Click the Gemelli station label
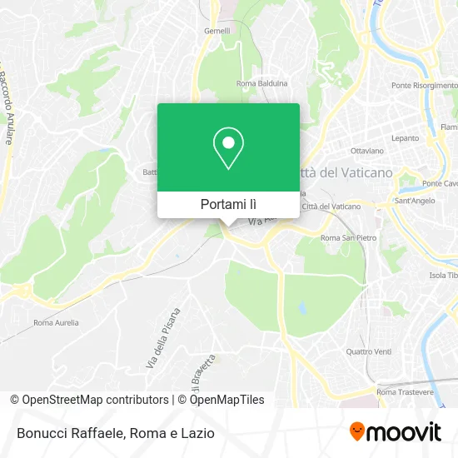[217, 32]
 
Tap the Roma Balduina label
[261, 83]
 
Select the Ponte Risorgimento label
[425, 86]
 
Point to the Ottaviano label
[366, 152]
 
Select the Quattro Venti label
[368, 351]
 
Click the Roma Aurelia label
[56, 322]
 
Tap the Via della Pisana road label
[167, 338]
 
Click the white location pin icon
[228, 148]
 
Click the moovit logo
[395, 432]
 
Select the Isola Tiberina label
[442, 276]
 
